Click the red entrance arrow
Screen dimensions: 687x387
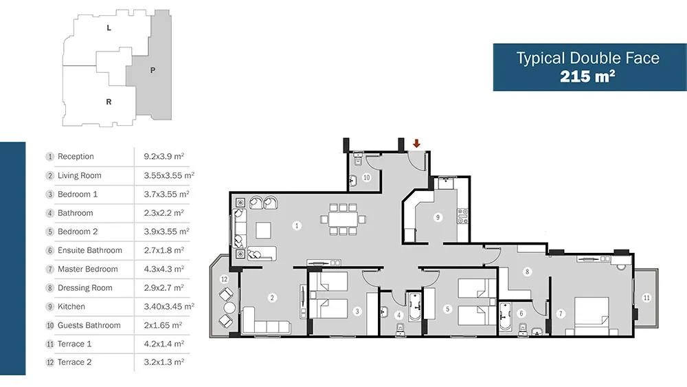pos(417,143)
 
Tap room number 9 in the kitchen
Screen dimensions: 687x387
pos(438,217)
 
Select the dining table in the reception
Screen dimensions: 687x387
pos(343,219)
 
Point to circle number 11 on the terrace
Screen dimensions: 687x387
pos(646,298)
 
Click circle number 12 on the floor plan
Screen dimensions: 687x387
pos(225,279)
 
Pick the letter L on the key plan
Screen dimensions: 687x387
pos(109,28)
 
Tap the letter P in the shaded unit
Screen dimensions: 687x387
pos(153,70)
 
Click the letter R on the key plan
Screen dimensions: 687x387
pos(109,102)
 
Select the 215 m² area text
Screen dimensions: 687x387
pos(587,77)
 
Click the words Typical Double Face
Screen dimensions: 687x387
pos(587,58)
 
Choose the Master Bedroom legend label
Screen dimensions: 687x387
pos(88,269)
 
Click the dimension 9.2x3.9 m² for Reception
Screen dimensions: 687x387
pos(164,157)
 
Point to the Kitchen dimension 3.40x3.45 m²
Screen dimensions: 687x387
pos(169,307)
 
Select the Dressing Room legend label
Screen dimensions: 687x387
pos(85,288)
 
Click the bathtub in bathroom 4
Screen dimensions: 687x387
pos(414,307)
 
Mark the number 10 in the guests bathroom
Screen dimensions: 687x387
pos(366,177)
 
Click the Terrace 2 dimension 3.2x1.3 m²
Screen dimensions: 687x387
pos(164,362)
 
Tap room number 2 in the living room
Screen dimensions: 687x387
pos(272,298)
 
